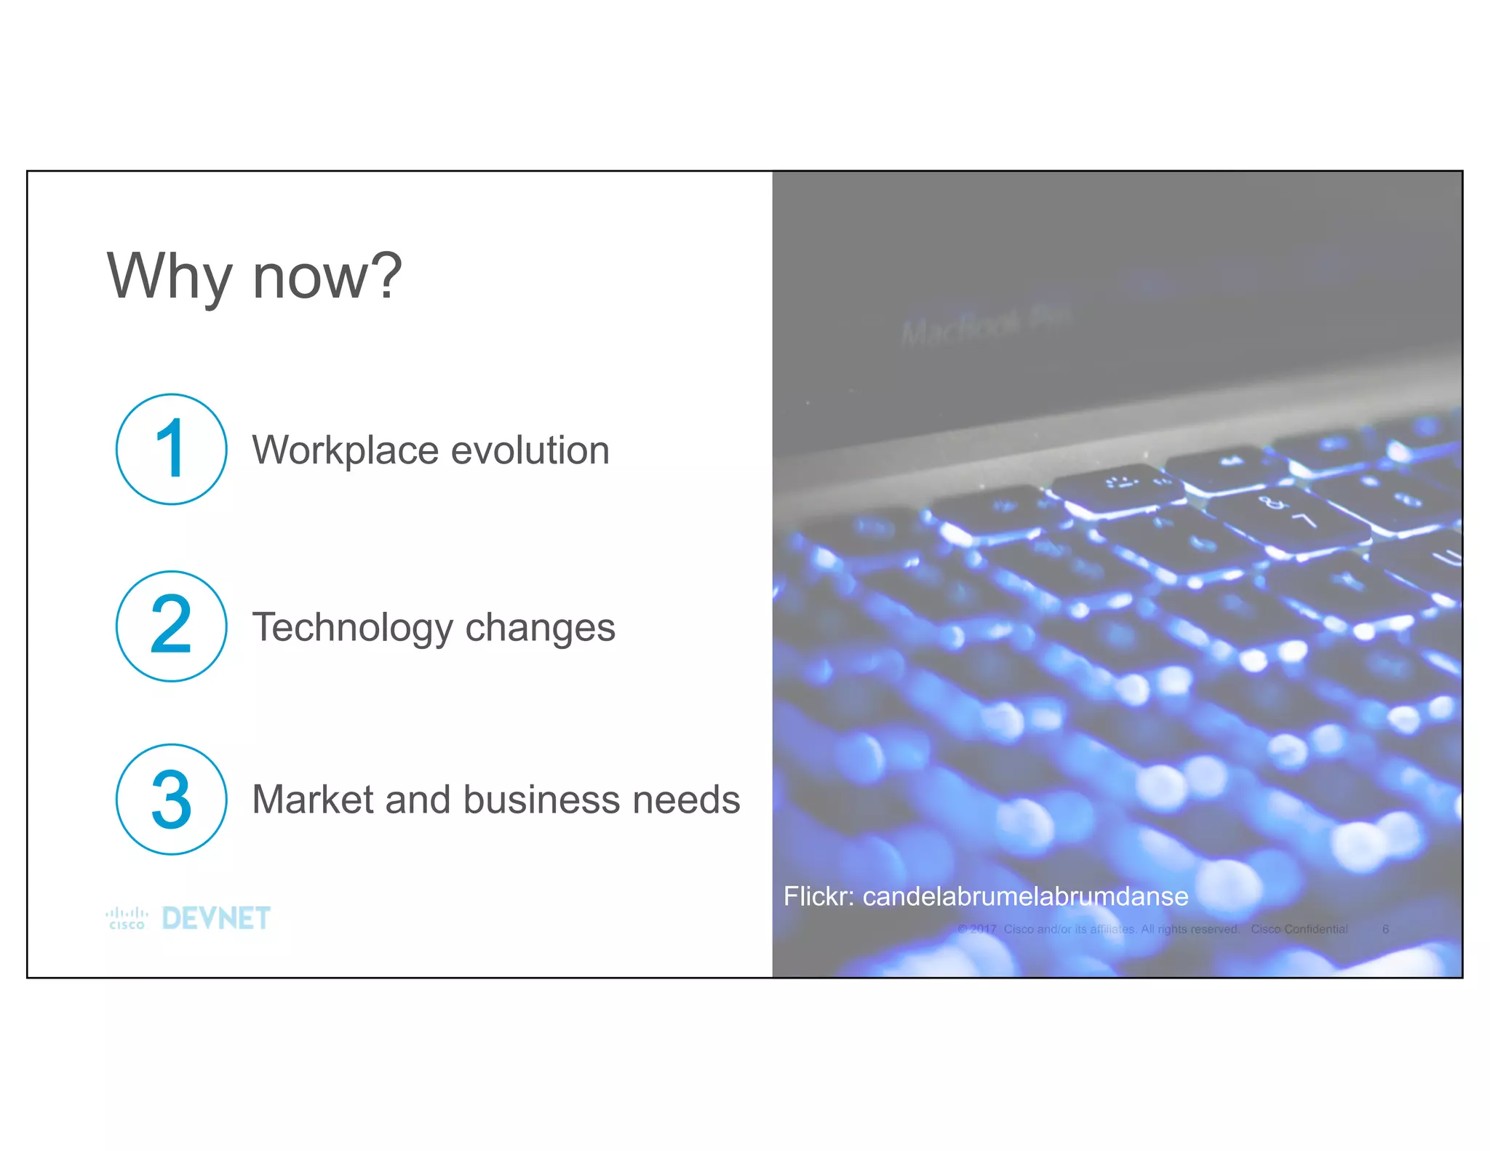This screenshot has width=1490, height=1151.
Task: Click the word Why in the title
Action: point(169,276)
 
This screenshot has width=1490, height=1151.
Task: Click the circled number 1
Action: point(172,449)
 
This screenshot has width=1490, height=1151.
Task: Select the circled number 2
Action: point(172,626)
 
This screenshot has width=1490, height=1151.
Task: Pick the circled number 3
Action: point(172,799)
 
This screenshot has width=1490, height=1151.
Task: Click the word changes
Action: point(540,627)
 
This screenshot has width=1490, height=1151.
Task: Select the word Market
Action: point(313,800)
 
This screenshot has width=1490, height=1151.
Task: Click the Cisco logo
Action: point(127,918)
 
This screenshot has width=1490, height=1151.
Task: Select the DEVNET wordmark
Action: point(216,918)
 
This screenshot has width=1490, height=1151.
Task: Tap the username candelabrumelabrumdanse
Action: point(1024,896)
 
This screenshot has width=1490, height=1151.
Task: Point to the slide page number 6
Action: point(1385,929)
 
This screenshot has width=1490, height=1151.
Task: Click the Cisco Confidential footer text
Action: point(1299,929)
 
